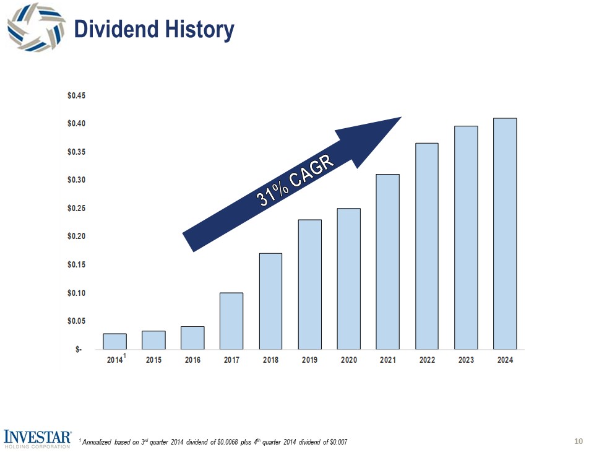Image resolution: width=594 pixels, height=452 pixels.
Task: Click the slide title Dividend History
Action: [153, 30]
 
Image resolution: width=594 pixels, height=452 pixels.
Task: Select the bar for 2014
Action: [114, 342]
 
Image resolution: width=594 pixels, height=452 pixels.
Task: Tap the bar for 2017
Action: [231, 321]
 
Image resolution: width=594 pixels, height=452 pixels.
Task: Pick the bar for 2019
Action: [309, 285]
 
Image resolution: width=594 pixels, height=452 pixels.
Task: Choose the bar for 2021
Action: [387, 262]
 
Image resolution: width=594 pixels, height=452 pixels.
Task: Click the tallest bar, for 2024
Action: [504, 234]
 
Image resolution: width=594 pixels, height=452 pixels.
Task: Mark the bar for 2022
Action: [426, 246]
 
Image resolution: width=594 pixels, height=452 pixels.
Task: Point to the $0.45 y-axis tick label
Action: [77, 96]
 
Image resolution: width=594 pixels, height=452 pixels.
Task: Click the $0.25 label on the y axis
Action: [77, 209]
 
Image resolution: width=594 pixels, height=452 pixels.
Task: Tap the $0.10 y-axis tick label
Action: [77, 293]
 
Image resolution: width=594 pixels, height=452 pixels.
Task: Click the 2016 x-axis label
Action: [192, 361]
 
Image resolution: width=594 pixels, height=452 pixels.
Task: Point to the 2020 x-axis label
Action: [348, 361]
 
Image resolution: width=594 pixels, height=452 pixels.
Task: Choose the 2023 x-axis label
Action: [465, 361]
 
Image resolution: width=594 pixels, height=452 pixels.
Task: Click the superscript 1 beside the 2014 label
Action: [125, 357]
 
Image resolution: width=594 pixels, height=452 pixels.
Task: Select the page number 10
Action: [579, 441]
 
